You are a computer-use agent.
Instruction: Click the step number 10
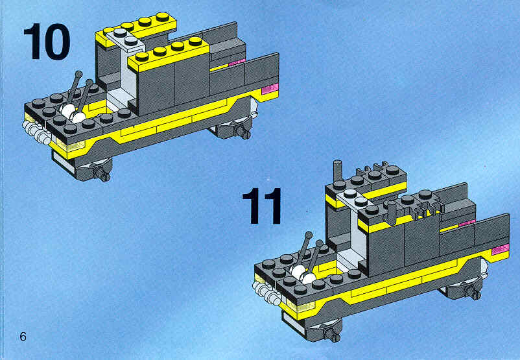pos(47,42)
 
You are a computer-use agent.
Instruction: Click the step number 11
pos(262,206)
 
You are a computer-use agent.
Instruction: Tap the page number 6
pos(23,337)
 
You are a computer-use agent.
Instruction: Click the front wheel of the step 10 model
pos(96,170)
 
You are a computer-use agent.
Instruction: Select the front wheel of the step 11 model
pos(327,331)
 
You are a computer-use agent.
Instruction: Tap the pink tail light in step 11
pos(501,249)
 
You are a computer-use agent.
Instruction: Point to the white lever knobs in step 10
pos(73,113)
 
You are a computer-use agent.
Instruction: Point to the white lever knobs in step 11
pos(303,273)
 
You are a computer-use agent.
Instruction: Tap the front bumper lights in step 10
pos(36,133)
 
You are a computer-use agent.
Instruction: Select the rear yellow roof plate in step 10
pos(136,29)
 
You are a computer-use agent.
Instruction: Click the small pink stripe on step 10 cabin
pos(237,62)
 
